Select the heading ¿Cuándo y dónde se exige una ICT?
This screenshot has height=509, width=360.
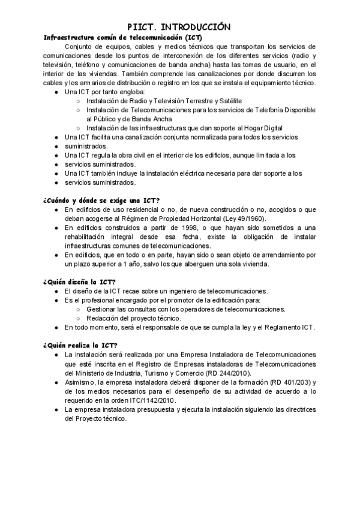point(101,199)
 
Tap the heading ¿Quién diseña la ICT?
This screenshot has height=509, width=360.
point(79,282)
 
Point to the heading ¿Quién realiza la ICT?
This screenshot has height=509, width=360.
point(80,345)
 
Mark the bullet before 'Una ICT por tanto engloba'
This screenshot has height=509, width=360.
point(56,92)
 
